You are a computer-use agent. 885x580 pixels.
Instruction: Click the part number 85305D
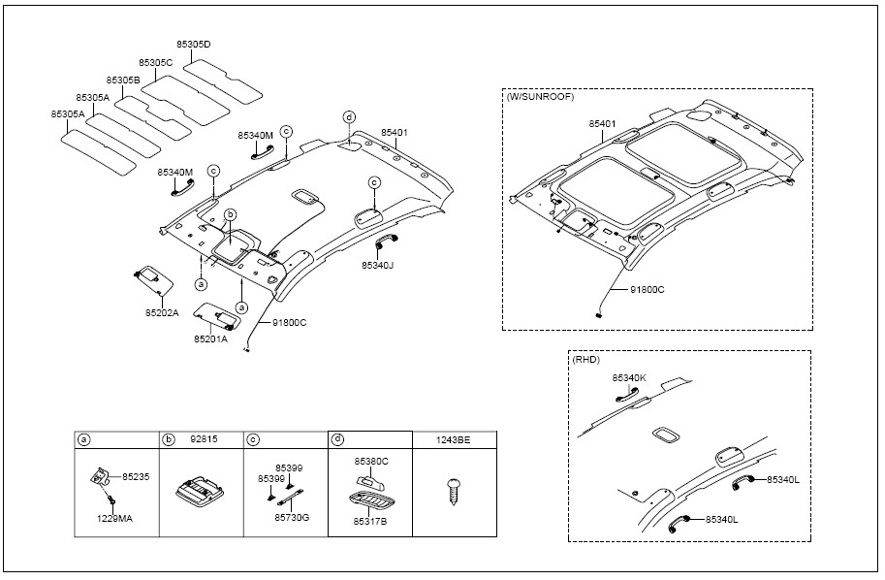point(193,44)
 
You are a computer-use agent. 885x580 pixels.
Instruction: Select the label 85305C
point(155,63)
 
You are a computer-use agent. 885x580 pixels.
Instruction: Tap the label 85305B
point(122,81)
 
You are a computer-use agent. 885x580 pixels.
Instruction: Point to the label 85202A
point(162,313)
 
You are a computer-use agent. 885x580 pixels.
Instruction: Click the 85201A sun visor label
point(210,338)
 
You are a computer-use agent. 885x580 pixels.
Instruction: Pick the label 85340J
point(378,265)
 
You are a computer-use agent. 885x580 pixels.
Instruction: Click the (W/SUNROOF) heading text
point(540,97)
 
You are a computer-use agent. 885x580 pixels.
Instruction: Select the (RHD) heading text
point(585,359)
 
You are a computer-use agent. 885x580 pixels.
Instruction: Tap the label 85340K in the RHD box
point(629,378)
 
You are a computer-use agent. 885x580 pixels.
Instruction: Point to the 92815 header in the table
point(205,438)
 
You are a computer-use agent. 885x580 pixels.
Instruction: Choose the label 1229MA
point(114,518)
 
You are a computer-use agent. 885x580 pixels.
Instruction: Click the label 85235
point(136,476)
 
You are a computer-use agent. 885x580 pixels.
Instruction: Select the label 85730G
point(292,517)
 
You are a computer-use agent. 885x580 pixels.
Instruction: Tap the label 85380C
point(371,461)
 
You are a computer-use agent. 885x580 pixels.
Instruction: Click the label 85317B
point(370,521)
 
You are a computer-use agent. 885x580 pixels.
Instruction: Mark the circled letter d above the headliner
point(349,117)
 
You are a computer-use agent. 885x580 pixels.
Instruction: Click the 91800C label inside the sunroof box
point(647,290)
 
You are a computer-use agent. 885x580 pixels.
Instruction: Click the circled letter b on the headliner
point(231,214)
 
